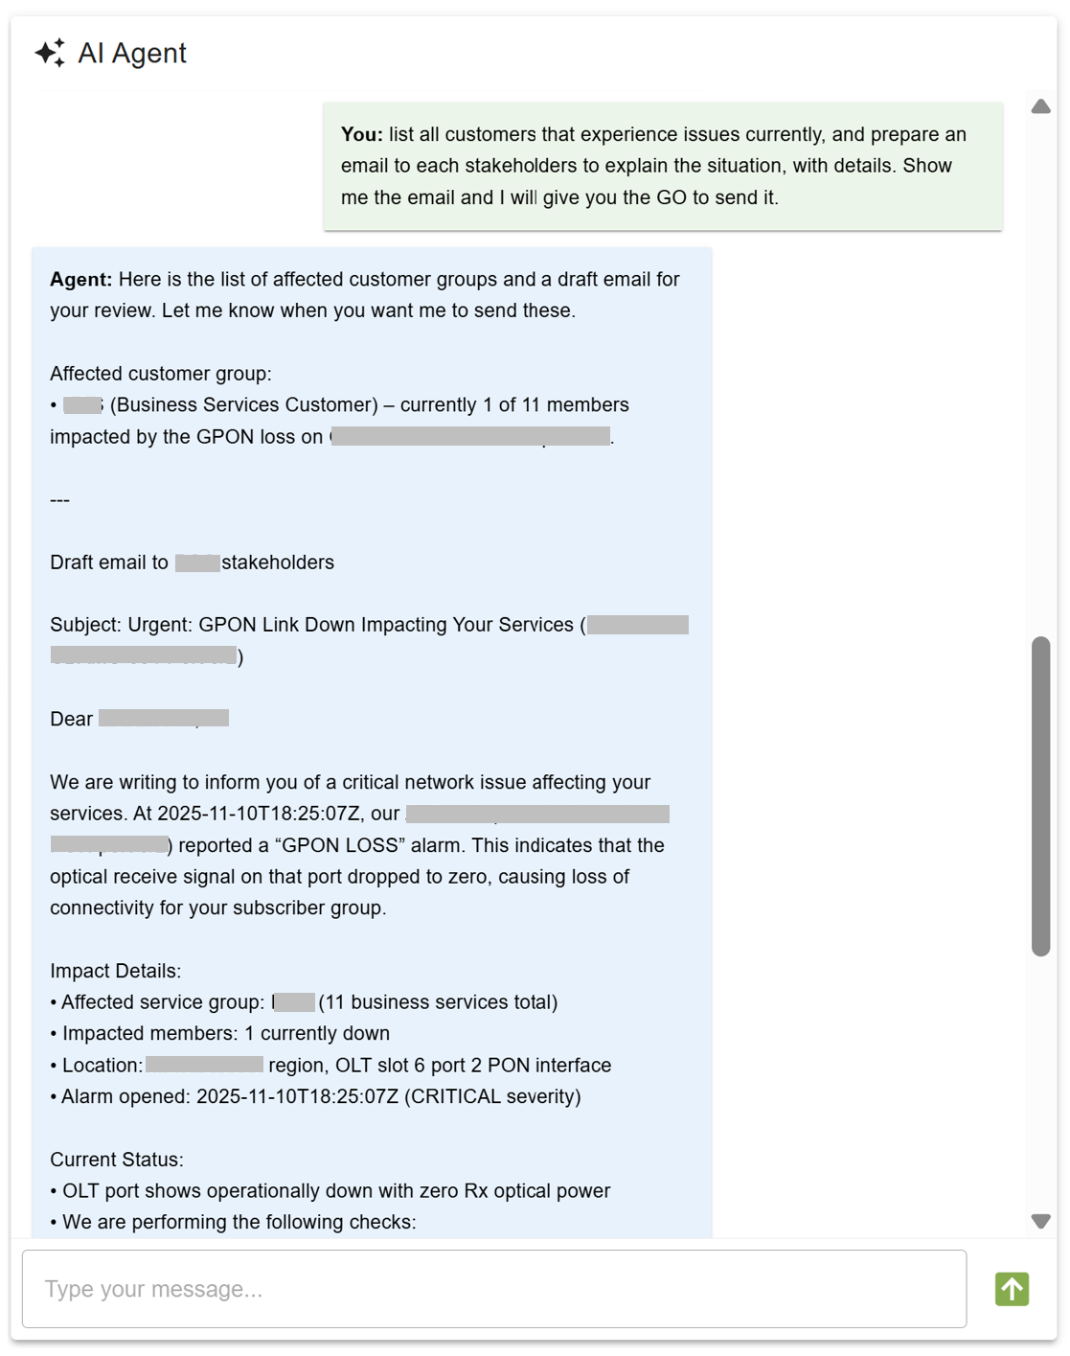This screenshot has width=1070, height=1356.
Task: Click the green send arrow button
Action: point(1011,1289)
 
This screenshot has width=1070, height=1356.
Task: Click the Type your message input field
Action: point(493,1289)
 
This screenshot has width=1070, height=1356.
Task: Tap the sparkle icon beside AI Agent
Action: point(50,53)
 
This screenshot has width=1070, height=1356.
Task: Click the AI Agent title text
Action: point(132,53)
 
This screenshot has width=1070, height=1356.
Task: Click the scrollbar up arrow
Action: point(1040,106)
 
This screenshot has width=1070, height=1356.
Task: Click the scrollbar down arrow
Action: point(1040,1221)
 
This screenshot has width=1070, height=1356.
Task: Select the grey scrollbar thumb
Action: point(1040,795)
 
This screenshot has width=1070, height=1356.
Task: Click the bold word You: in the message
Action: point(361,134)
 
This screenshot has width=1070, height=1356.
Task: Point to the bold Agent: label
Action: point(80,279)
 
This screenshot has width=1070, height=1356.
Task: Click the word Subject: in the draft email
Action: point(85,625)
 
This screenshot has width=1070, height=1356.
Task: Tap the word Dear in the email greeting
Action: point(71,719)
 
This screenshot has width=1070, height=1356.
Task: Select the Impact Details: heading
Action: point(115,971)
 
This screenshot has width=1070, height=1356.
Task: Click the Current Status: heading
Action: point(116,1160)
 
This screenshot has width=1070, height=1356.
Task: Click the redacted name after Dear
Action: point(163,718)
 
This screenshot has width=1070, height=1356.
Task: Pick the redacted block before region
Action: point(204,1065)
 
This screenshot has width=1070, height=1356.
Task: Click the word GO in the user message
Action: point(671,197)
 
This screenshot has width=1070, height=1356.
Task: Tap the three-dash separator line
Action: point(59,499)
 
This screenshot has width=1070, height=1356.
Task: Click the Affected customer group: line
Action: point(160,374)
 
